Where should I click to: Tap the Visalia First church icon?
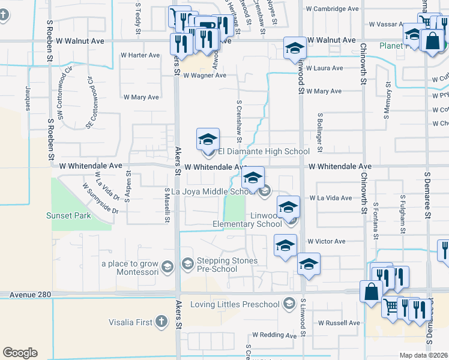(x=161, y=322)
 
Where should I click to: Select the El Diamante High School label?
(x=264, y=152)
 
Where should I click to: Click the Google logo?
(x=20, y=352)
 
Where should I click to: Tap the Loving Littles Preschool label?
(x=237, y=304)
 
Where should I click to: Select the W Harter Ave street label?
(x=140, y=55)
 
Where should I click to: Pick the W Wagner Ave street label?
(x=205, y=76)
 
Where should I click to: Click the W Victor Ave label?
(x=327, y=241)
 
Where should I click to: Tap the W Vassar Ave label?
(x=389, y=25)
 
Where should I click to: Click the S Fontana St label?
(x=376, y=221)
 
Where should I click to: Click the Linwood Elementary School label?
(x=247, y=220)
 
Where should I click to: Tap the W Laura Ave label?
(x=324, y=68)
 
